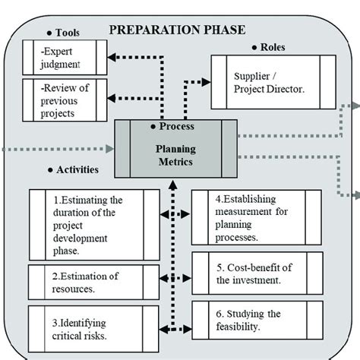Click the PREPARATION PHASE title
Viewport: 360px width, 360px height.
pyautogui.click(x=178, y=30)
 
